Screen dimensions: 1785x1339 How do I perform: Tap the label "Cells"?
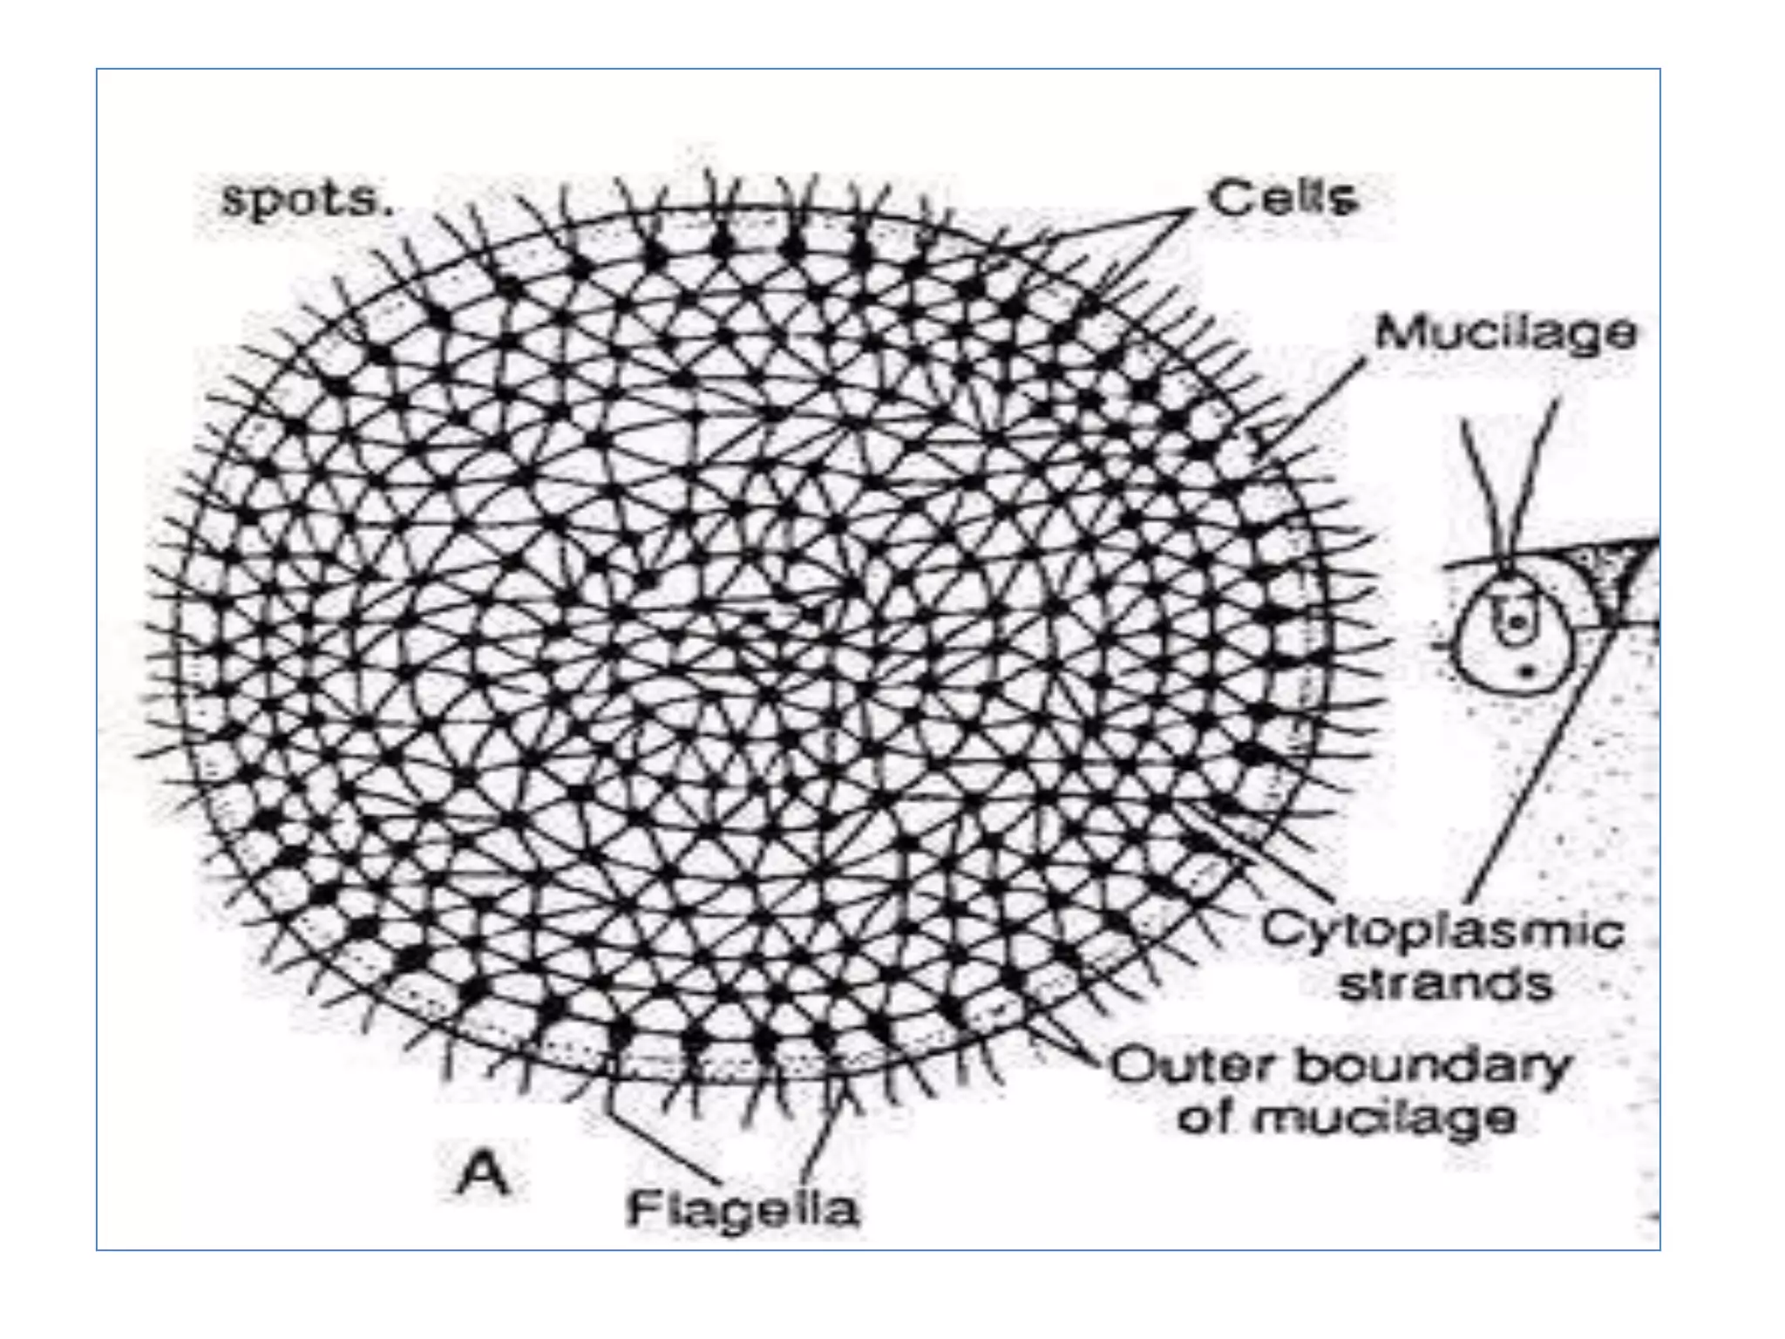click(x=1282, y=199)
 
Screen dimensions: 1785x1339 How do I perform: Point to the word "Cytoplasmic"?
click(x=1442, y=931)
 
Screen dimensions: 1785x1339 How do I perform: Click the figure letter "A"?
click(x=482, y=1173)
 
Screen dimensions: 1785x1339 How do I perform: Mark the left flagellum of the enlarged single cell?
click(x=1483, y=488)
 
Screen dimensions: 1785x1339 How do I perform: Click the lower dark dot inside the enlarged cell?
click(x=1526, y=670)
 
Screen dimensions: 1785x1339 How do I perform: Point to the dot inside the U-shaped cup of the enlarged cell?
click(x=1517, y=621)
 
